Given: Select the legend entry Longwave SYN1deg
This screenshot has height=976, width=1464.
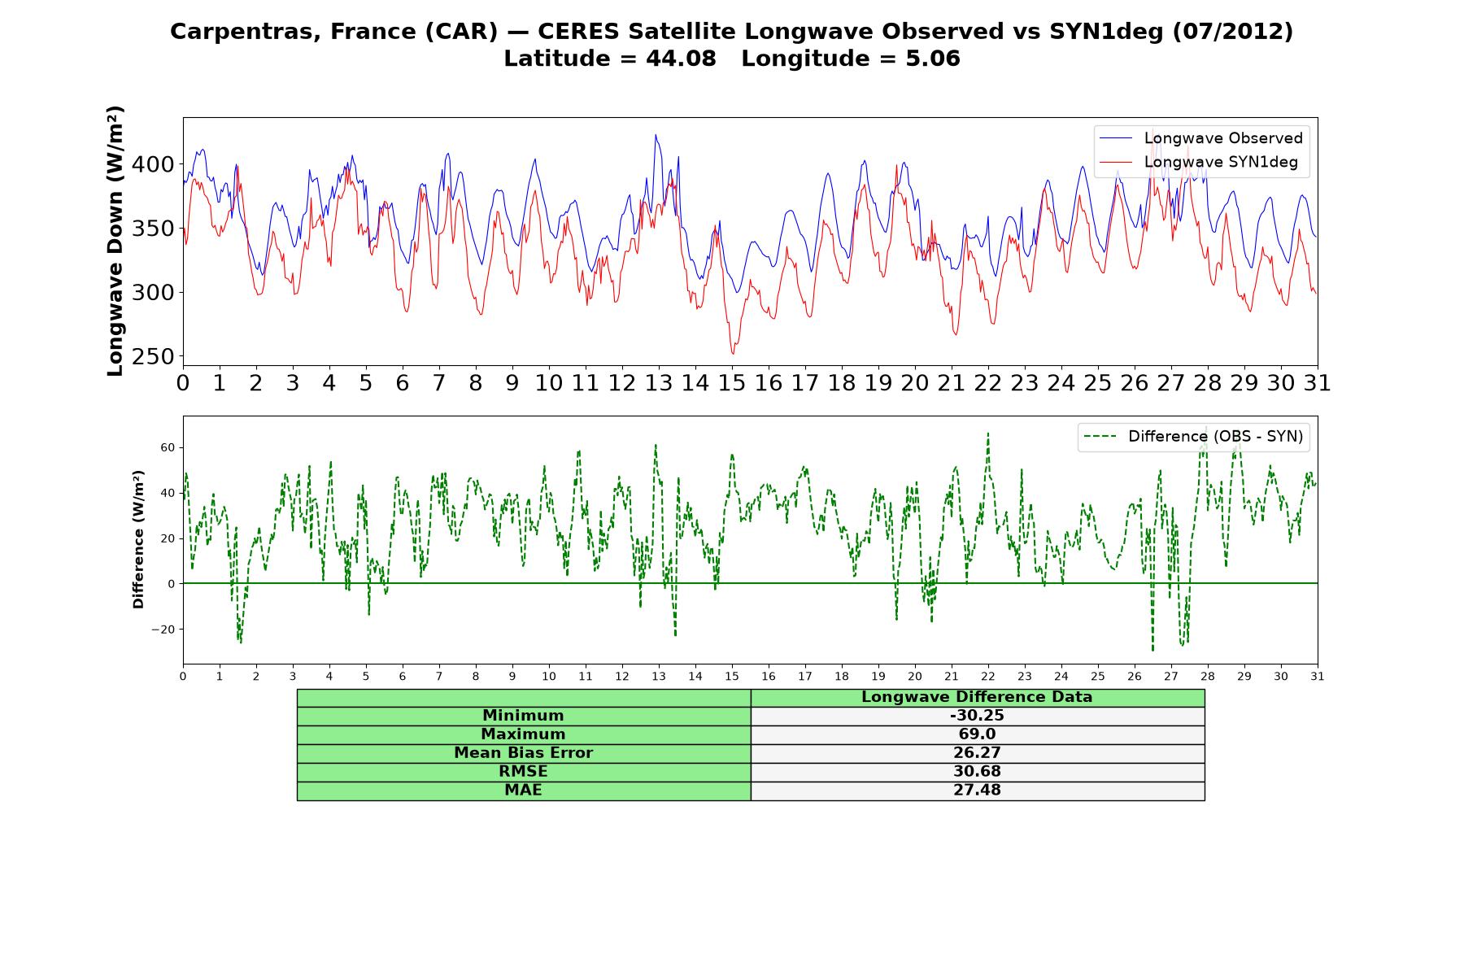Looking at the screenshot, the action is (x=1199, y=162).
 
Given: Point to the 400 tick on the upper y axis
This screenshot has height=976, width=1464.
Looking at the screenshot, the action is (x=153, y=164).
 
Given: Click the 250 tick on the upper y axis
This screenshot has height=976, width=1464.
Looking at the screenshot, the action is (x=153, y=356).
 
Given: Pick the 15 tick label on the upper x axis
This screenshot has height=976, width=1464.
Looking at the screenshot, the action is (x=732, y=382).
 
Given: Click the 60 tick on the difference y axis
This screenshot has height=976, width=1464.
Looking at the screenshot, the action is (x=168, y=447).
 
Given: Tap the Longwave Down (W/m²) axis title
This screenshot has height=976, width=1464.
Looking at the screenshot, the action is (x=115, y=241).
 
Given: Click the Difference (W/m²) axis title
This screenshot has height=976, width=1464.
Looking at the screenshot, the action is (x=138, y=539).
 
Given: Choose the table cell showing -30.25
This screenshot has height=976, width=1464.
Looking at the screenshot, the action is (x=977, y=716).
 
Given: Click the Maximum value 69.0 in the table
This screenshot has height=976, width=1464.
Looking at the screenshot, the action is (x=977, y=734).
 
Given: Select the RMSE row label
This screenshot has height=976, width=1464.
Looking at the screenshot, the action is (x=523, y=772).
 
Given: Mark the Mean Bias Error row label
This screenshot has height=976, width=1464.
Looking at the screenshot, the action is (x=523, y=753).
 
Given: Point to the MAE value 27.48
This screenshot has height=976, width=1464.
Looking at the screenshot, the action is (x=977, y=791).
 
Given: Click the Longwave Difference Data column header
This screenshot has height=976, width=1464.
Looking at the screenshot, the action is (x=977, y=697).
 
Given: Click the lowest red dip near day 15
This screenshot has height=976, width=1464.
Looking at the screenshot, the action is (x=733, y=353).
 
